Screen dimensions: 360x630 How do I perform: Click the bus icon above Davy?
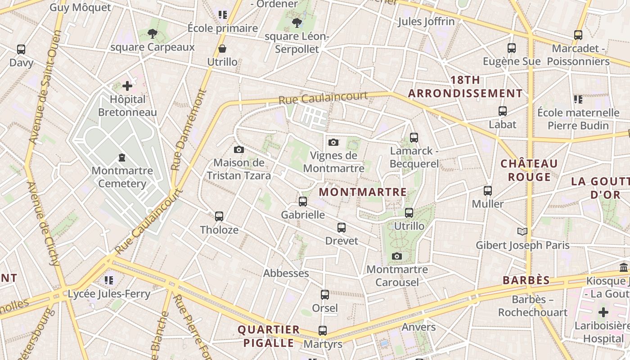click(21, 49)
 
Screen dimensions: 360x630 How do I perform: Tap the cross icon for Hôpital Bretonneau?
click(127, 85)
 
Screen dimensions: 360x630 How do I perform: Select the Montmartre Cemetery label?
click(122, 177)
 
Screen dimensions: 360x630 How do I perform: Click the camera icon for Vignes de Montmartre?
click(333, 143)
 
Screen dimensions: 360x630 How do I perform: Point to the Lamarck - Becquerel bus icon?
click(414, 138)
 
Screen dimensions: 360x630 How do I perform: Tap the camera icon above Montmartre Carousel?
click(396, 256)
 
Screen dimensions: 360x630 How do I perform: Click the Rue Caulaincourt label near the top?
click(323, 98)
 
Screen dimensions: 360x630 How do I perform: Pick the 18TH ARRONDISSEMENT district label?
click(465, 87)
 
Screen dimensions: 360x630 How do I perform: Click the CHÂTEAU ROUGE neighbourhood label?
click(529, 170)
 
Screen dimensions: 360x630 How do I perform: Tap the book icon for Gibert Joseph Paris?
click(522, 232)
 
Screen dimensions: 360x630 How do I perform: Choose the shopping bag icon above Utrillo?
click(222, 49)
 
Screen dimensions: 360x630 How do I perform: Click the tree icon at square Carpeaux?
click(153, 33)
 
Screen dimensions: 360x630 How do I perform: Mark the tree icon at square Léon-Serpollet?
click(297, 22)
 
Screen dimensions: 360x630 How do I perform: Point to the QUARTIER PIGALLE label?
click(269, 336)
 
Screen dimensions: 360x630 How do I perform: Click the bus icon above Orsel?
click(324, 295)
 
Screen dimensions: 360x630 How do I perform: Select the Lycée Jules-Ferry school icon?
click(109, 280)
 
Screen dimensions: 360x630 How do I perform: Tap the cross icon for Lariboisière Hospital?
click(603, 312)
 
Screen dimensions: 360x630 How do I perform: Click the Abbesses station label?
click(286, 273)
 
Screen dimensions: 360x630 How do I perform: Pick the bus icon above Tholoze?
click(219, 216)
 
